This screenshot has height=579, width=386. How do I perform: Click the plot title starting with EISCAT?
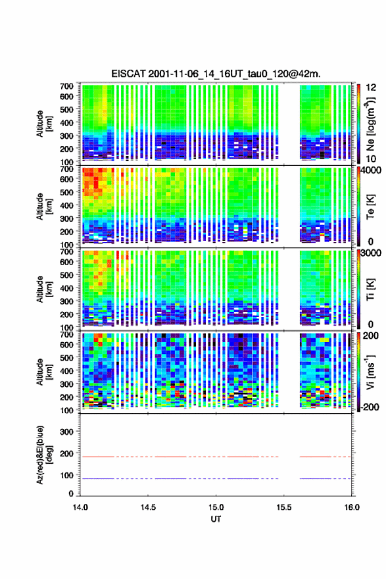coord(216,74)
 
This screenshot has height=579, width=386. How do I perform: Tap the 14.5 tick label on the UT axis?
coord(147,507)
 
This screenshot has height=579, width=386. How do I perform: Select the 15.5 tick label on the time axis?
coord(284,507)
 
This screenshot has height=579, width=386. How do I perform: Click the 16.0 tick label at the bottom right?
coord(352,507)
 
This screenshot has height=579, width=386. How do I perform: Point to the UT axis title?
coord(216,519)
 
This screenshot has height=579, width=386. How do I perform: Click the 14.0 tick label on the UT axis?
coord(80,507)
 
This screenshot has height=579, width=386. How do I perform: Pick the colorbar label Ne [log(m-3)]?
coord(370,124)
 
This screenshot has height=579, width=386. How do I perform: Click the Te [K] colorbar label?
coord(370,207)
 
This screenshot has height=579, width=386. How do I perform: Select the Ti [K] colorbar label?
coord(370,289)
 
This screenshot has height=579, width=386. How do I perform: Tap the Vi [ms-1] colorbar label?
coord(370,372)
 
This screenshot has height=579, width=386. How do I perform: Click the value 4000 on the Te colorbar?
coord(370,170)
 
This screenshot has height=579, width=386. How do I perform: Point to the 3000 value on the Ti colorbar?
coord(370,253)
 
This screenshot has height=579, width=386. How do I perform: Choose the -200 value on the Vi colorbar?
coord(369,407)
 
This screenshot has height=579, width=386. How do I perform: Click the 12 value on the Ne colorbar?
coord(371,88)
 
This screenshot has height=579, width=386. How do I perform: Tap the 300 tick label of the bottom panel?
coord(66,432)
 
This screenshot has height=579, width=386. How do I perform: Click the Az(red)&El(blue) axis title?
coord(44,455)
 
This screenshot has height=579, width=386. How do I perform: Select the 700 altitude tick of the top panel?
coord(66,86)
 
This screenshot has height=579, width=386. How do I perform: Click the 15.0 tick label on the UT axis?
coord(216,507)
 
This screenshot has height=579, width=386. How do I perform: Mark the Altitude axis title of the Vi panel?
coord(44,372)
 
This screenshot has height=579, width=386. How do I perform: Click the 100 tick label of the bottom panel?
coord(66,475)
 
